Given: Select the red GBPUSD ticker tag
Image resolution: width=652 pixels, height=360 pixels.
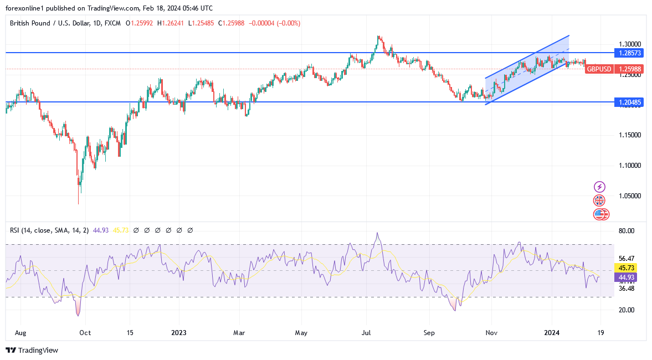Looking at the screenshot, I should point(599,69).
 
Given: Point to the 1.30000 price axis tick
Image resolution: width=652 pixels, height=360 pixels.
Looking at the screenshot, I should point(630,44).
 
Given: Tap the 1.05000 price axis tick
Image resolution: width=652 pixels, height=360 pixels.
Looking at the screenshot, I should point(630,196).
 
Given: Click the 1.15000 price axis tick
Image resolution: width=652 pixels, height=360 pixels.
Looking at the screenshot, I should point(630,135).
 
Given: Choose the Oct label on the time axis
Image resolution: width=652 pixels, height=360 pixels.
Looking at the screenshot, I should point(85,333).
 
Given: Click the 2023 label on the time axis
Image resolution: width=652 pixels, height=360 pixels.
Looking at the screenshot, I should point(179,333).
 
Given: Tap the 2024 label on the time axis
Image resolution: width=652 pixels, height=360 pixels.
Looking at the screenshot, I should point(552,333).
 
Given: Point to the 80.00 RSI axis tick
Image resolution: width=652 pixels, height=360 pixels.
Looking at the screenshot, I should point(627,231).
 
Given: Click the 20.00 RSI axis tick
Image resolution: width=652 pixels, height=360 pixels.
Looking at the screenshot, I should point(627,310).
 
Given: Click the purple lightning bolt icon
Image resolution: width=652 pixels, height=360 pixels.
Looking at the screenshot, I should point(599,187).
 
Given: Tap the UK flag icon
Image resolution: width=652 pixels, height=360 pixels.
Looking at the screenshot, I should point(599,200).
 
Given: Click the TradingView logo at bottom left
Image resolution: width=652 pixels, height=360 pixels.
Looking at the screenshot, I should point(32,350).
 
